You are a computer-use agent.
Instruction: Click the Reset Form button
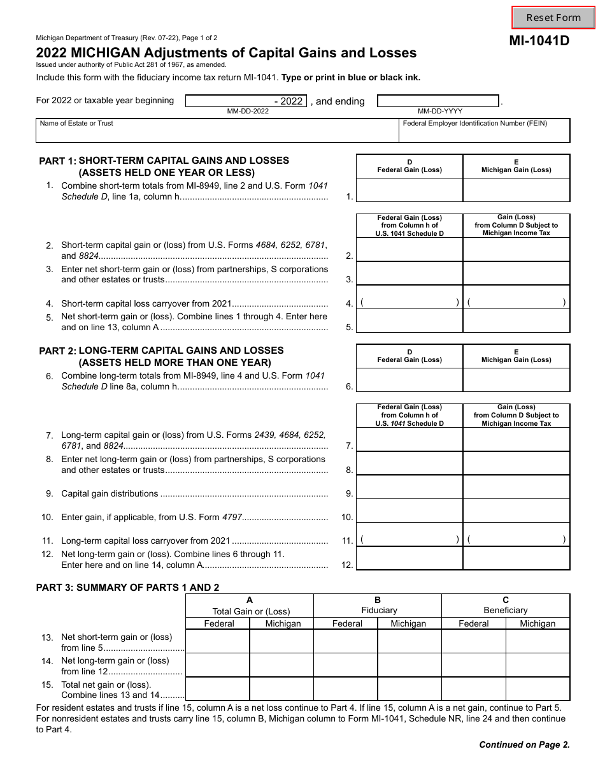(x=553, y=18)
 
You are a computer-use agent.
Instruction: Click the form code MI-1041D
(x=539, y=41)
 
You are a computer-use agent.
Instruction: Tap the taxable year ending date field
(x=438, y=101)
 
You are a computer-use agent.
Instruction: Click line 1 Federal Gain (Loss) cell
(x=409, y=190)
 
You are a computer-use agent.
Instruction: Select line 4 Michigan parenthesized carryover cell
(x=516, y=303)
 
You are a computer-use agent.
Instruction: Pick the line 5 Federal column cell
(x=409, y=321)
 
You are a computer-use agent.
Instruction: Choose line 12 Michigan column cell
(x=516, y=558)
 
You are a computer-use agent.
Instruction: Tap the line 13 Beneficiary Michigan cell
(x=537, y=641)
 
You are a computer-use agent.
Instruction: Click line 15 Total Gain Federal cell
(x=217, y=689)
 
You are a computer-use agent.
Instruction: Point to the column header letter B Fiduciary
(x=378, y=600)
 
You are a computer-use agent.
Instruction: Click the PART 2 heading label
(x=57, y=351)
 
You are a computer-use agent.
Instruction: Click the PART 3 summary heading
(x=127, y=588)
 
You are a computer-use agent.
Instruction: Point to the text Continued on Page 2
(x=524, y=744)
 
